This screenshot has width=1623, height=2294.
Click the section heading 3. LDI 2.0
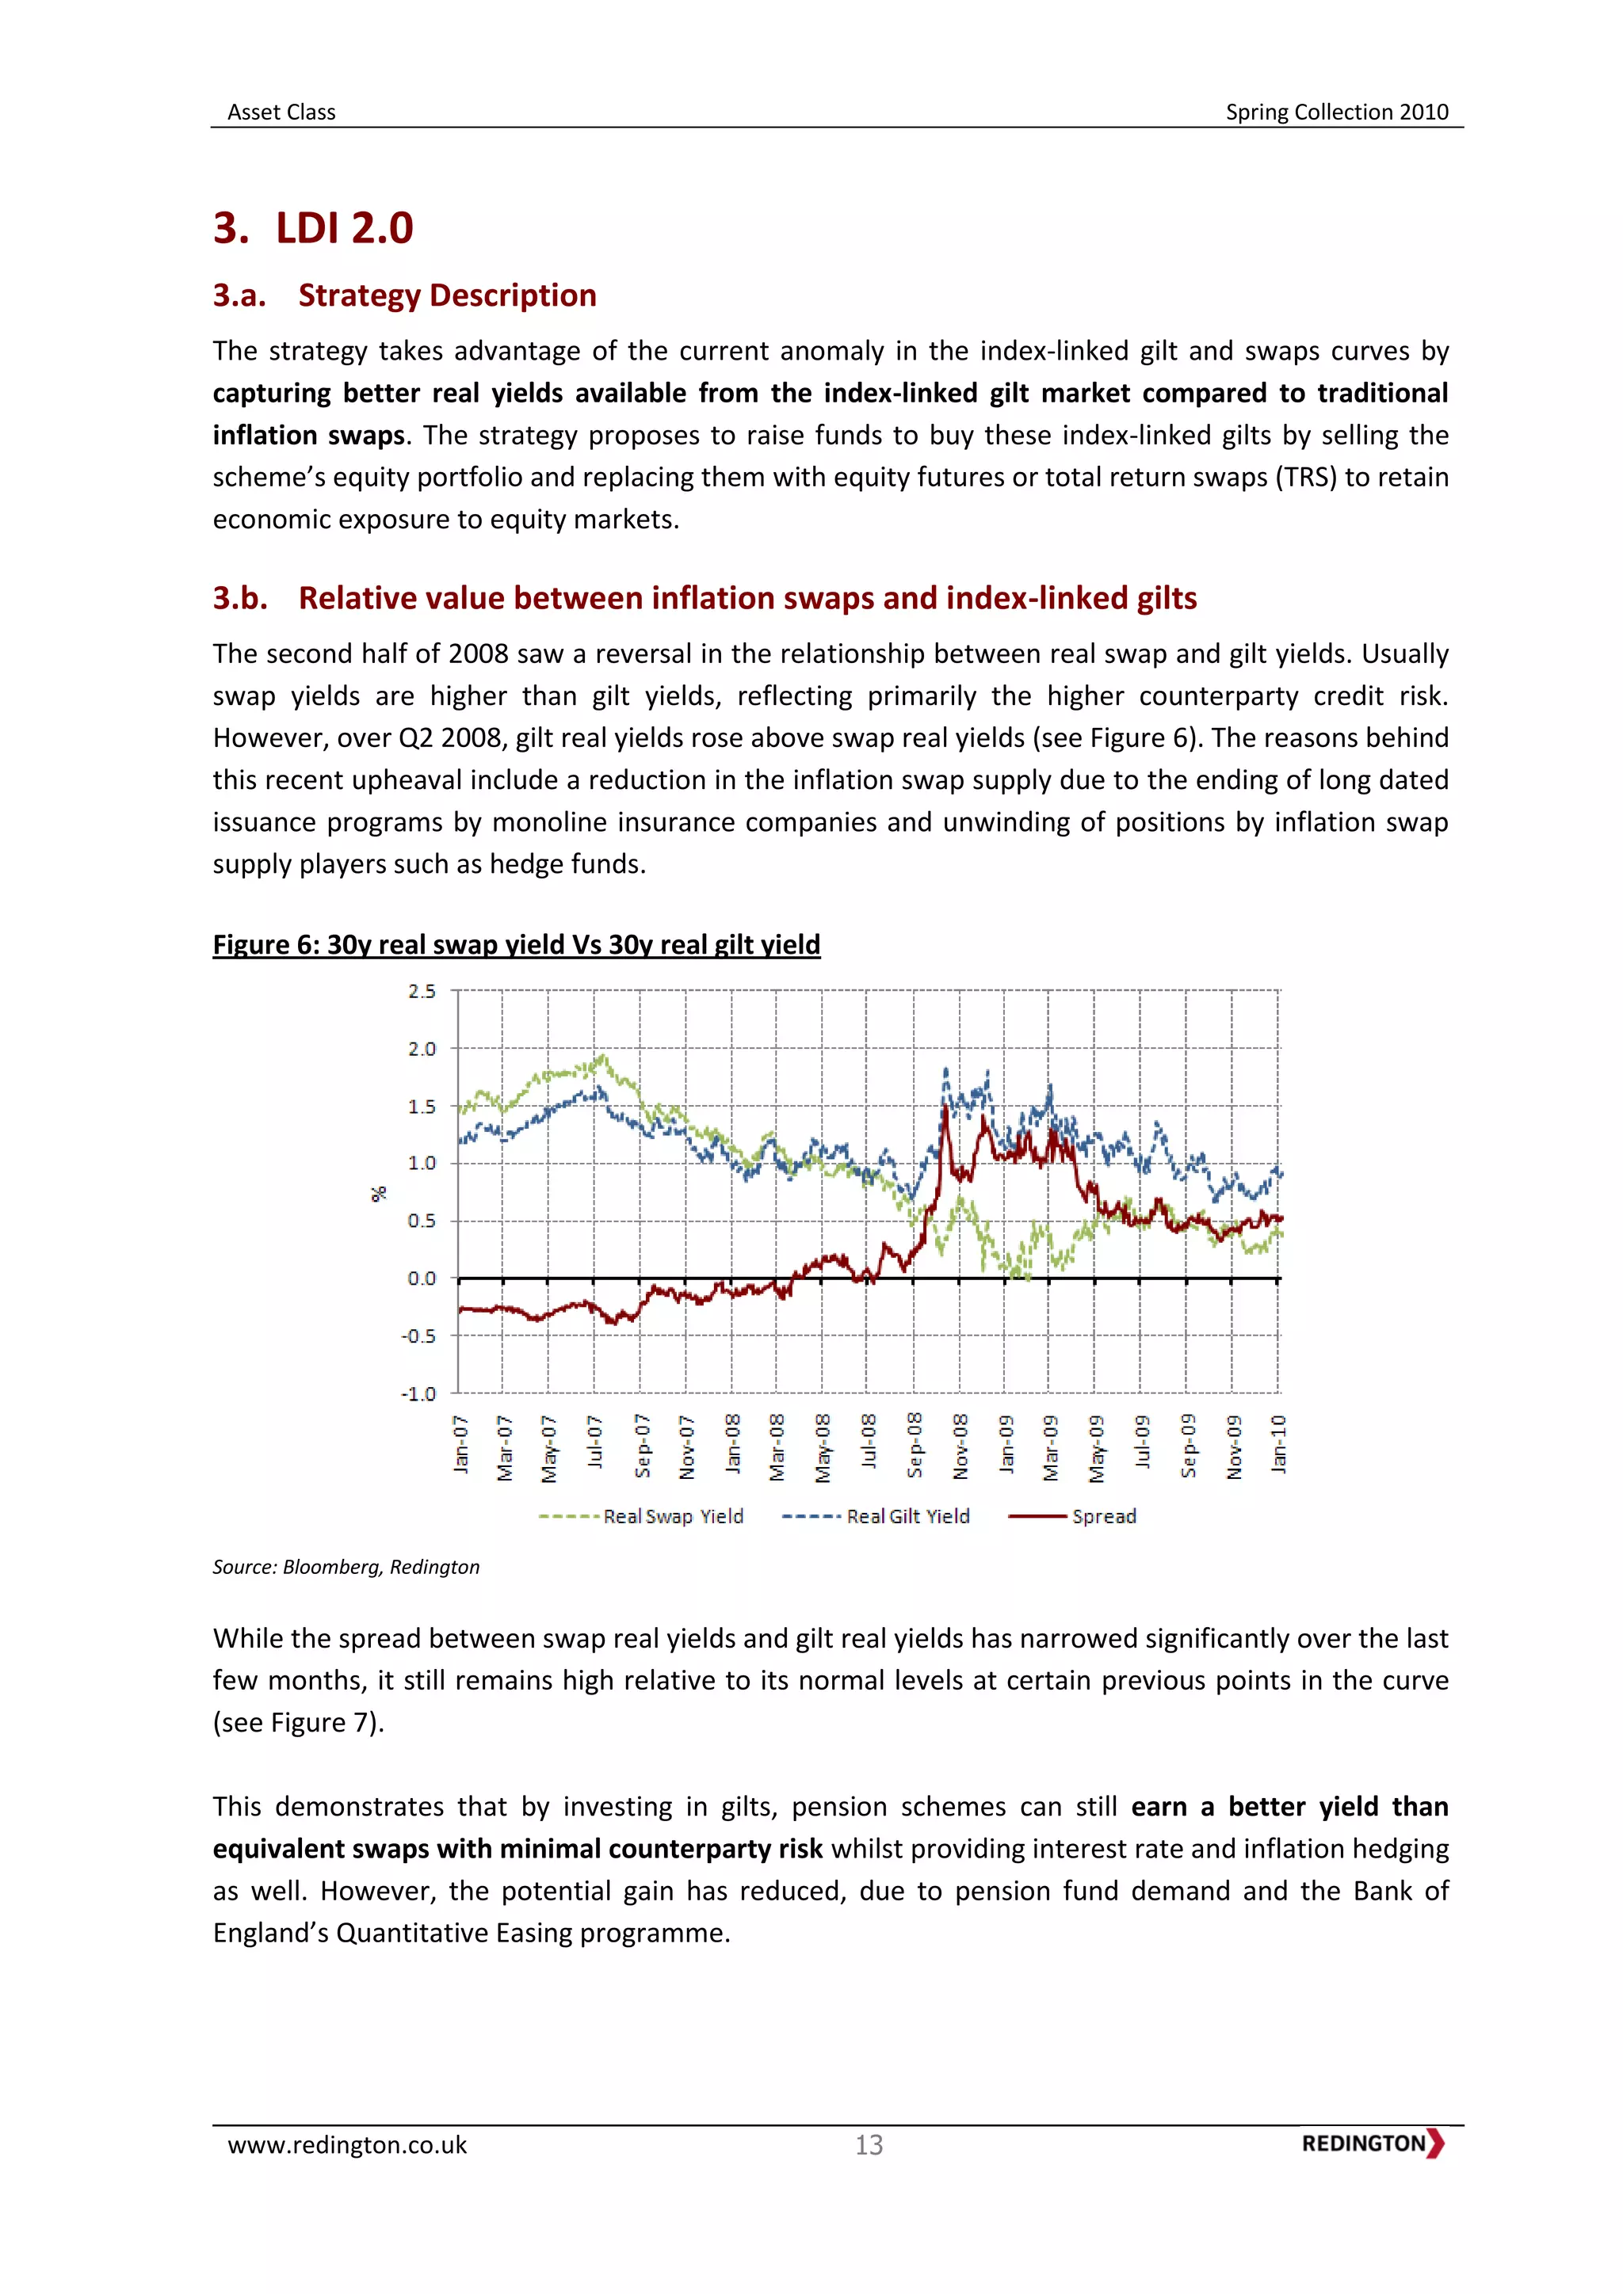pyautogui.click(x=313, y=228)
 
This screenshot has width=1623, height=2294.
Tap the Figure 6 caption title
pyautogui.click(x=516, y=944)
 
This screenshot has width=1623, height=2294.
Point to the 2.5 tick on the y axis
pyautogui.click(x=422, y=991)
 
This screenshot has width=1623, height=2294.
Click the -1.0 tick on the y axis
pyautogui.click(x=418, y=1394)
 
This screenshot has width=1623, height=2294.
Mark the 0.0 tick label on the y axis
pyautogui.click(x=422, y=1278)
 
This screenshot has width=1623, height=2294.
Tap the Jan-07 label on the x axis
pyautogui.click(x=460, y=1444)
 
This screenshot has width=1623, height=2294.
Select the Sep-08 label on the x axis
pyautogui.click(x=915, y=1446)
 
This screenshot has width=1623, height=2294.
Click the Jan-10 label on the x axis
pyautogui.click(x=1278, y=1444)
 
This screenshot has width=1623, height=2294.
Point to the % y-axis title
pyautogui.click(x=378, y=1194)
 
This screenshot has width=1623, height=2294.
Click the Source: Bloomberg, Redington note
pyautogui.click(x=346, y=1567)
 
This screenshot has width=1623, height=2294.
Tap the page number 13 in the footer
pyautogui.click(x=869, y=2145)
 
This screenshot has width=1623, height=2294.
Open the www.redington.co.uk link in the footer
pyautogui.click(x=347, y=2145)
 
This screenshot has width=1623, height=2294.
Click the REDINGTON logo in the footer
pyautogui.click(x=1372, y=2143)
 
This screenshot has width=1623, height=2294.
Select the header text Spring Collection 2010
pyautogui.click(x=1336, y=112)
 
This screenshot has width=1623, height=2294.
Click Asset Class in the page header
pyautogui.click(x=282, y=112)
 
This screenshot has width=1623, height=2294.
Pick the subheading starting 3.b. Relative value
pyautogui.click(x=705, y=599)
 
